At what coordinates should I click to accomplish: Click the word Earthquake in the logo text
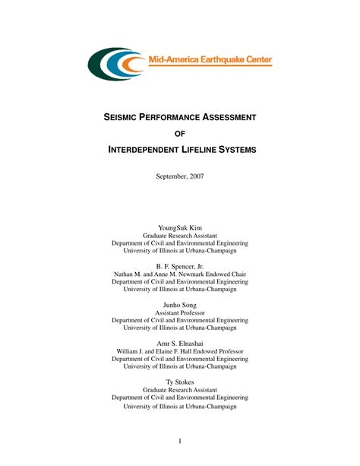pos(221,59)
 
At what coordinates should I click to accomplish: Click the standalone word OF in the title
pos(180,134)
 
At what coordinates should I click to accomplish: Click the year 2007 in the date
pos(194,176)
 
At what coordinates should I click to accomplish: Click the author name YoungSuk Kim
pos(180,227)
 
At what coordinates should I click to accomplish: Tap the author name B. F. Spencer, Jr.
pos(180,267)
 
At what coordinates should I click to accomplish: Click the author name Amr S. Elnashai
pos(180,344)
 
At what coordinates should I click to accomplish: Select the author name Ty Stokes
pos(180,382)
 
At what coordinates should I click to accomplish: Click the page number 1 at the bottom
pos(179,442)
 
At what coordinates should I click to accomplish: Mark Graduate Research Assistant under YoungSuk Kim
pos(180,236)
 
